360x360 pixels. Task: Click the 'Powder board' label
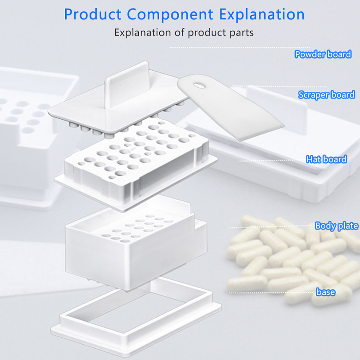coord(323,54)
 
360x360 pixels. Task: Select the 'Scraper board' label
coord(327,95)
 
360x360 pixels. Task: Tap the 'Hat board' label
coord(326,159)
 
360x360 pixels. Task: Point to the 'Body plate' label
coord(337,226)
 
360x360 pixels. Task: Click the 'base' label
coord(325,292)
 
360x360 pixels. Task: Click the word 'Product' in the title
coord(93,14)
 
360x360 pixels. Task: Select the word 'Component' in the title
coord(170,15)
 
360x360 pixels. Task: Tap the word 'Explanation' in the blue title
coord(262,15)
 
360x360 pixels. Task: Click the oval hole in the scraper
coord(199,85)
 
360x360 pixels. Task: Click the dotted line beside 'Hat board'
coord(272,161)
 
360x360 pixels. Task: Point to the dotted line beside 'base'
coord(271,293)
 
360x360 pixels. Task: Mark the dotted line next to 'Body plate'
coord(272,227)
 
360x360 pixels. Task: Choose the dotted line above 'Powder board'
coord(240,48)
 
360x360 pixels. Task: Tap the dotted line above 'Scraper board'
coord(279,86)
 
